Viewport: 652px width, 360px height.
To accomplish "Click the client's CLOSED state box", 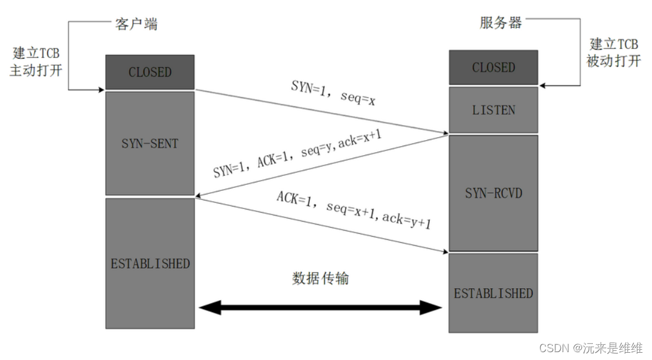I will pyautogui.click(x=150, y=72).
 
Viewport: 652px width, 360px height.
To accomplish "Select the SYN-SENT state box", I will pyautogui.click(x=150, y=143).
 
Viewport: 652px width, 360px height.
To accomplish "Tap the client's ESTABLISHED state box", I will pyautogui.click(x=150, y=263).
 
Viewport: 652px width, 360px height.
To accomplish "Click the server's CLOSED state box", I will pyautogui.click(x=493, y=67).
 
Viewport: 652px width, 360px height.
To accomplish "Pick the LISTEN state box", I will pyautogui.click(x=493, y=110).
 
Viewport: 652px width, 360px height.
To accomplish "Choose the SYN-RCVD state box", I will pyautogui.click(x=493, y=193).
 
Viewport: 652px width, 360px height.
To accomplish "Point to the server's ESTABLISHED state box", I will pyautogui.click(x=493, y=293).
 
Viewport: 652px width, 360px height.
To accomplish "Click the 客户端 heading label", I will pyautogui.click(x=136, y=24).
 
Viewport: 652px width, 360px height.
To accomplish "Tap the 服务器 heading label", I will pyautogui.click(x=500, y=23).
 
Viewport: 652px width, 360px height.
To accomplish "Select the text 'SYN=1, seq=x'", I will pyautogui.click(x=333, y=93).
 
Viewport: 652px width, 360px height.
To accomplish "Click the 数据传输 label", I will pyautogui.click(x=321, y=278).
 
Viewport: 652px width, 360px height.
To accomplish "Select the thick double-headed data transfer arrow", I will pyautogui.click(x=321, y=308).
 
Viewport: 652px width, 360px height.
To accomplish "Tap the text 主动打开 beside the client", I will pyautogui.click(x=36, y=69).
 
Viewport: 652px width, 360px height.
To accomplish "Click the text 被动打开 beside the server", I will pyautogui.click(x=613, y=60).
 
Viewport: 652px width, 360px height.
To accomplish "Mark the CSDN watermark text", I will pyautogui.click(x=590, y=348).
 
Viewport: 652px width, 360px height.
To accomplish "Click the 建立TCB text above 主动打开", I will pyautogui.click(x=36, y=53).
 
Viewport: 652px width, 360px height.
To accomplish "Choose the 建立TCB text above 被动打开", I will pyautogui.click(x=613, y=44).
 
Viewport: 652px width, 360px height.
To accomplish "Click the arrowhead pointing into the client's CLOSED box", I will pyautogui.click(x=101, y=91).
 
